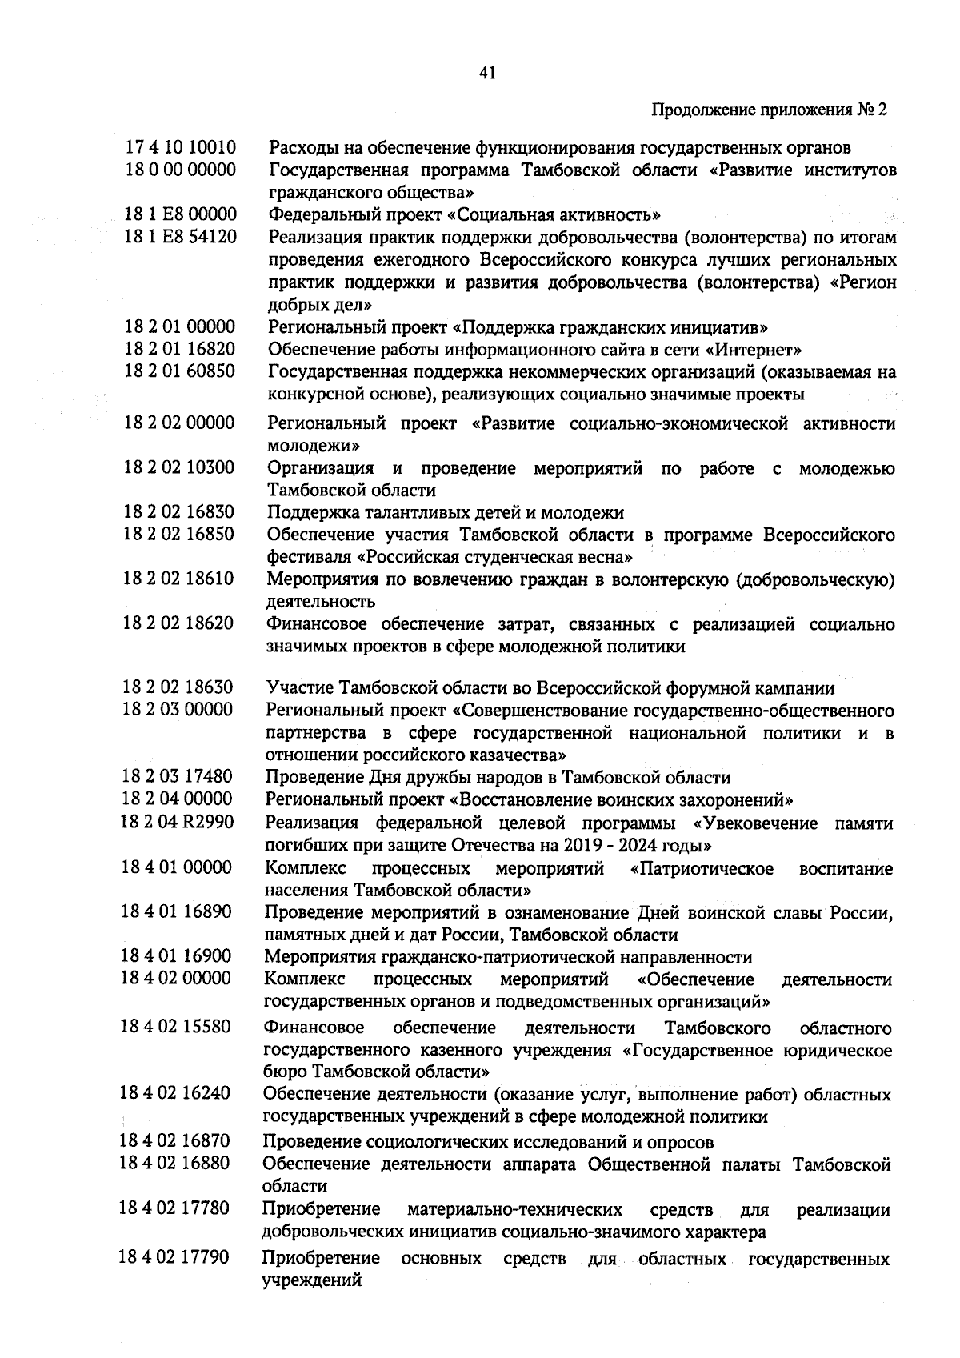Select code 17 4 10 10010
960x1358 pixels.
coord(181,148)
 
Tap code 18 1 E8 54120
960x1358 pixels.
coord(181,237)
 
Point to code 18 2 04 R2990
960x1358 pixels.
coord(178,823)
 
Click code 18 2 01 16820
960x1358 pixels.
coord(180,349)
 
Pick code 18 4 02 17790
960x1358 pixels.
coord(175,1258)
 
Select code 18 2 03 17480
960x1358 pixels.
coord(178,777)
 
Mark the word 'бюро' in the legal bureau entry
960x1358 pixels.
coord(286,1072)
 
